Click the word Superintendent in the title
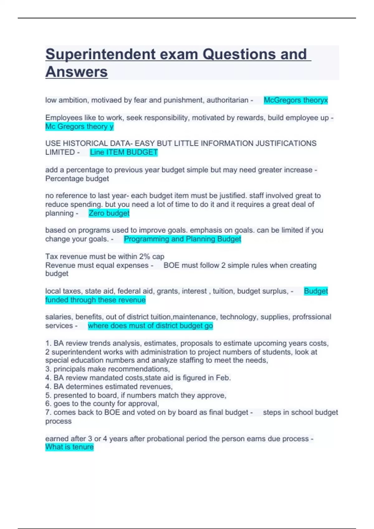coord(101,54)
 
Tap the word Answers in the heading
coord(77,72)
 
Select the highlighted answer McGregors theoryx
coord(295,100)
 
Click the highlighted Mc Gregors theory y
coord(79,126)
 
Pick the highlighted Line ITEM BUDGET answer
coord(124,152)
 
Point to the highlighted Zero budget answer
coord(109,213)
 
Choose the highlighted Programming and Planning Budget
coord(182,239)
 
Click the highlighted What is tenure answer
coord(69,447)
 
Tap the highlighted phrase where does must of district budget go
coord(150,326)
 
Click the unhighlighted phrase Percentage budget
coord(77,179)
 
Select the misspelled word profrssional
coord(312,317)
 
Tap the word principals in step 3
coord(70,369)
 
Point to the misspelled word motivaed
coord(107,100)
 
